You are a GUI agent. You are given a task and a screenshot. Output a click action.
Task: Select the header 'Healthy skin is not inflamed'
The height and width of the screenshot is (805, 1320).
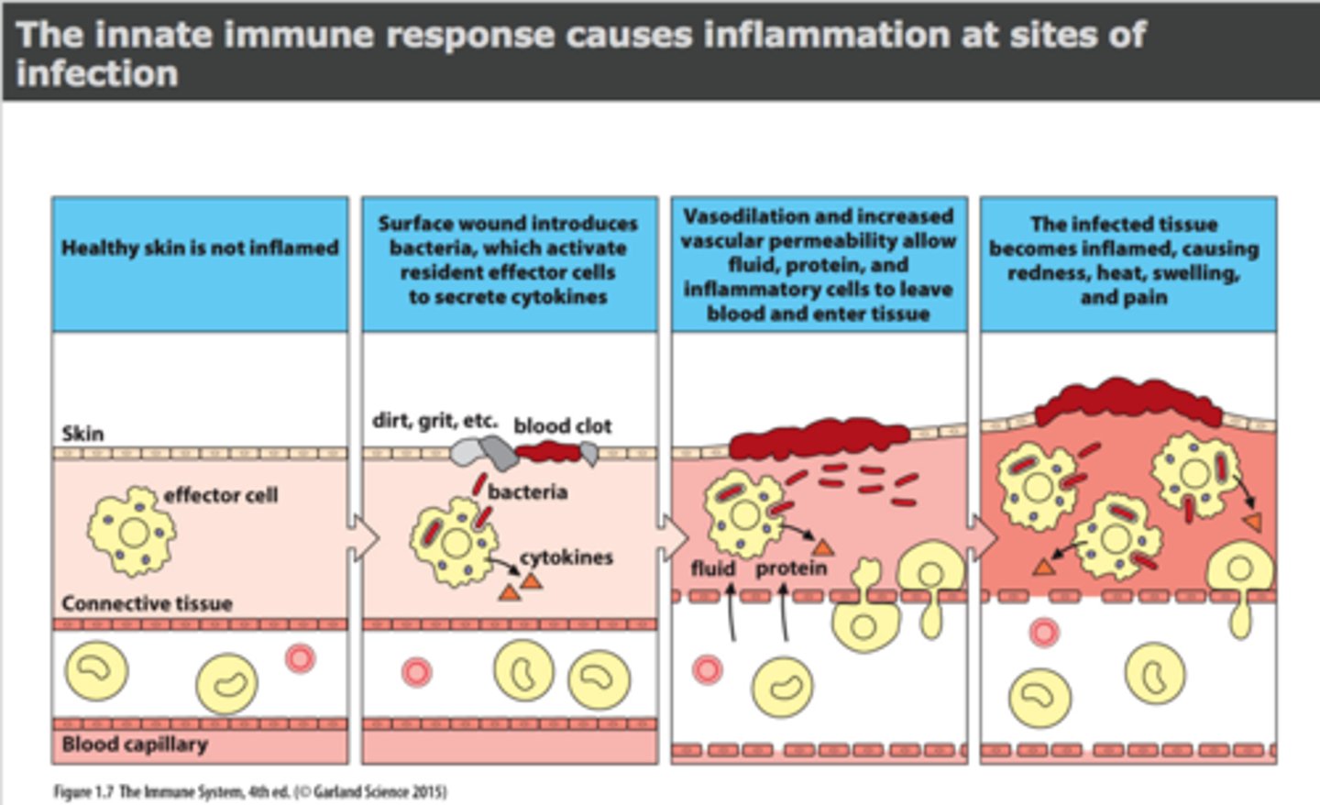point(200,248)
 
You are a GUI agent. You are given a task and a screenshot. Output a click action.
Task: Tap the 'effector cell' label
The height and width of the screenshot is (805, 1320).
point(220,495)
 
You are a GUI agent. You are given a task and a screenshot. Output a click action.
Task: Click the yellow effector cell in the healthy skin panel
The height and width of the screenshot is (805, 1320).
point(132,531)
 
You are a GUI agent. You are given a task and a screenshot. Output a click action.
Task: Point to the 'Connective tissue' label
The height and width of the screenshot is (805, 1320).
point(147,603)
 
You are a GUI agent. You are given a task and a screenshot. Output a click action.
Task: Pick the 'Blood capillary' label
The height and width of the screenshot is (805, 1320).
point(135,744)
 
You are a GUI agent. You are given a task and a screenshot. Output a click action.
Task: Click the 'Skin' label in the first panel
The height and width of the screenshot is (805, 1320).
point(82,434)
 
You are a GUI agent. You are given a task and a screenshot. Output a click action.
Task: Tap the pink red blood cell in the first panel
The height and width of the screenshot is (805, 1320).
point(300,658)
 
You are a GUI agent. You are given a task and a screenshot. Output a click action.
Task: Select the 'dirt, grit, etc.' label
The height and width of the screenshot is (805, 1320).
point(434,421)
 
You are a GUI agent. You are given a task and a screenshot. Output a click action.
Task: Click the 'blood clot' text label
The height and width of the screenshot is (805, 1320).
point(562,425)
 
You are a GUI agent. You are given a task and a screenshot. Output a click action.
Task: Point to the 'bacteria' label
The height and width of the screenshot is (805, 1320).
point(527,492)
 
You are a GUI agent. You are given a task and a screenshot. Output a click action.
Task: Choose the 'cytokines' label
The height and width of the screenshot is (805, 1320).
point(566,557)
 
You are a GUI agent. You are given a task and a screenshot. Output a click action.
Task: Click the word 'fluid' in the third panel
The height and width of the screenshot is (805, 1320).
point(712,568)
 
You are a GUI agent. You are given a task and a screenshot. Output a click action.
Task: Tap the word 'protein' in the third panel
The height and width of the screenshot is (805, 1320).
point(790,568)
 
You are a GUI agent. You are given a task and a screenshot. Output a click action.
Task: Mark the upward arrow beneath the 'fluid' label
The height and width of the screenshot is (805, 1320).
point(731,612)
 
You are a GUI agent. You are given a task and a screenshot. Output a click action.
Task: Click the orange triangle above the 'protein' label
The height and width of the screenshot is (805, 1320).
point(822,547)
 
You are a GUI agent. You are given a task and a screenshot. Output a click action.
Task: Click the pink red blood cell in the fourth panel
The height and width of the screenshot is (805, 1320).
point(1043,632)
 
